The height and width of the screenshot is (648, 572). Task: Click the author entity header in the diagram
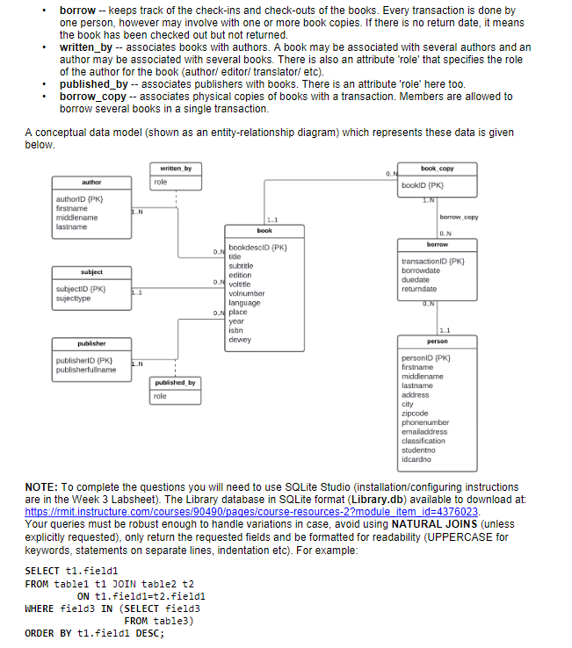pos(91,183)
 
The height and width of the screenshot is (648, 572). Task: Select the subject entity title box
pos(91,272)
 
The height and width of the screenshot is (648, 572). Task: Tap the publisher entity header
pos(91,343)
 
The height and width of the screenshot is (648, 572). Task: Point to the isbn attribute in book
pos(235,330)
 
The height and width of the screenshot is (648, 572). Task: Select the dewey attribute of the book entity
pos(239,339)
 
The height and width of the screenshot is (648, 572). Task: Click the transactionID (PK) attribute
pos(431,261)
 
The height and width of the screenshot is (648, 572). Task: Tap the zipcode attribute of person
pos(415,413)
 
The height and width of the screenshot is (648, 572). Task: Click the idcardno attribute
pos(416,459)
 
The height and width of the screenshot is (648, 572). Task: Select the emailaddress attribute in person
pos(424,431)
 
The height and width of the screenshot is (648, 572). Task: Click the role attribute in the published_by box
pos(160,397)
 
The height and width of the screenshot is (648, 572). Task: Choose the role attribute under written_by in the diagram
pos(161,182)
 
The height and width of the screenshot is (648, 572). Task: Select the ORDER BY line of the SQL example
pos(95,632)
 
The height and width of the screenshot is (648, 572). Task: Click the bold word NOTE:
pos(43,486)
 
